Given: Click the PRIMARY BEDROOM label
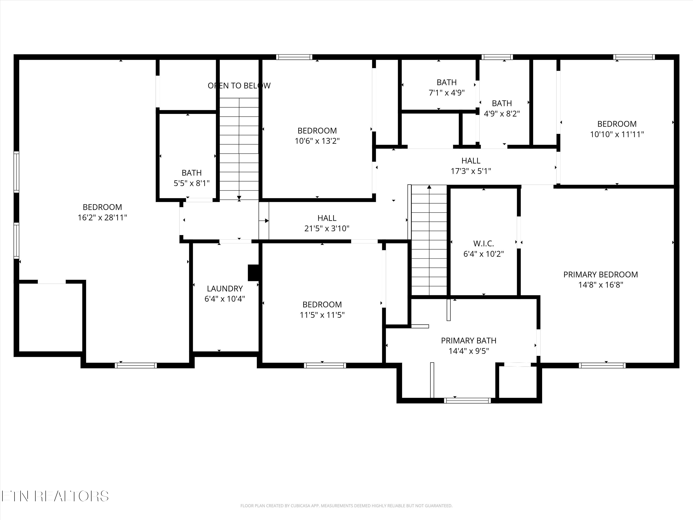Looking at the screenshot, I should (600, 275).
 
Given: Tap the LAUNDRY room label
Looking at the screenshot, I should (225, 288).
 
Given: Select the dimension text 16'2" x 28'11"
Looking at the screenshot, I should (102, 217).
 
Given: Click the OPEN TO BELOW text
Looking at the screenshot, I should (239, 86).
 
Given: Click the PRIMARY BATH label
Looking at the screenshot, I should (468, 340).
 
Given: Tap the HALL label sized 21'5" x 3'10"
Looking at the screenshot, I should (327, 218).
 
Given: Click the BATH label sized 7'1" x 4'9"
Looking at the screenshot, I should (447, 83).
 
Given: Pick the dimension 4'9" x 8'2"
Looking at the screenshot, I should (502, 114).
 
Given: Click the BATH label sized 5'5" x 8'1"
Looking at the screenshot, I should (191, 173).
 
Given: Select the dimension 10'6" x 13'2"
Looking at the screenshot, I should (317, 141).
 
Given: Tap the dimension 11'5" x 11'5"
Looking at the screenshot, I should (322, 315).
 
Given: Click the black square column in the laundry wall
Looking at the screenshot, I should (253, 273).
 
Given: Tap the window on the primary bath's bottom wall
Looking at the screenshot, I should (467, 401).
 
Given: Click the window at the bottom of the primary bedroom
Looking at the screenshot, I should (602, 365).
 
